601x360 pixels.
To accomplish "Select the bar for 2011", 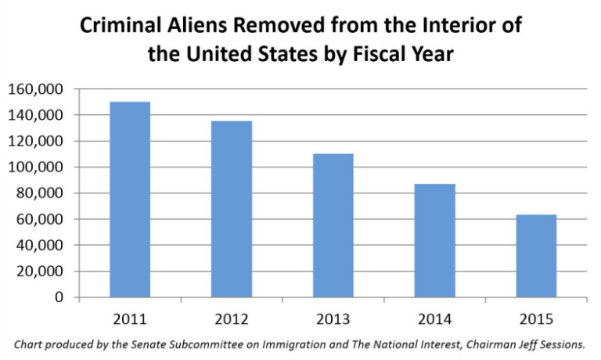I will [x=130, y=200].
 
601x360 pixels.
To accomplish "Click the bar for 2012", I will [x=232, y=209].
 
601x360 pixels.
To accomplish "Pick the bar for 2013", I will [x=333, y=225].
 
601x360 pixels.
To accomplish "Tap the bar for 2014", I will [x=434, y=240].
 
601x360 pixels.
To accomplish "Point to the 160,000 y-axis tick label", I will [x=36, y=89].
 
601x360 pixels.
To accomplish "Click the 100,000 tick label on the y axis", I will [x=36, y=167].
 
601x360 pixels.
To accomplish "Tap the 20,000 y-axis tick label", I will [x=40, y=272].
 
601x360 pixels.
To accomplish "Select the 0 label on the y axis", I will [x=59, y=297].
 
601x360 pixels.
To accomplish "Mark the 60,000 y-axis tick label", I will [x=40, y=219].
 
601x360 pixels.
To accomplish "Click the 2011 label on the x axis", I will [x=130, y=319].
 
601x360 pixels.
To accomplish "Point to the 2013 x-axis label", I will [x=333, y=319].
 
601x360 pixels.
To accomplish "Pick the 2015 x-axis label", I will [x=536, y=319].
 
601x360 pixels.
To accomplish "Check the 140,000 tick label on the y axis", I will [x=36, y=115].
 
